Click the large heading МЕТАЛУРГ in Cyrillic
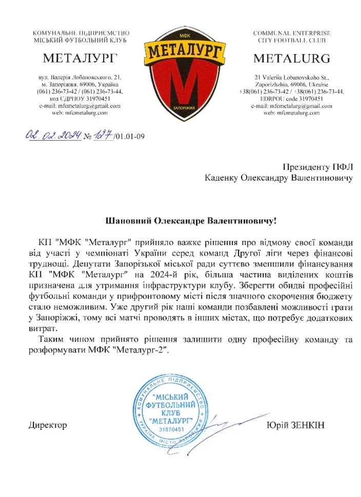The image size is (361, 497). pos(81,57)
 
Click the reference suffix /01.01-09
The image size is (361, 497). pos(131,136)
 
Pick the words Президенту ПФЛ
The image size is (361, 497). pos(318,166)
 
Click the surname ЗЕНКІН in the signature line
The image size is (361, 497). pos(310,425)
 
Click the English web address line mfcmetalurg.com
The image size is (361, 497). pos(291,113)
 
